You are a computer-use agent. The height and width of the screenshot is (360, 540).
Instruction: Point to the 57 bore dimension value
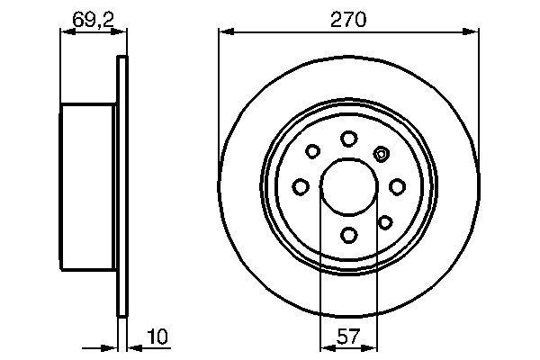pos(348,337)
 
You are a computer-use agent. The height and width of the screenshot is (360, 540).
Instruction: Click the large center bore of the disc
pos(348,186)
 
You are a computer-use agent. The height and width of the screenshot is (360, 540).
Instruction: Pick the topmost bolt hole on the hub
pos(348,138)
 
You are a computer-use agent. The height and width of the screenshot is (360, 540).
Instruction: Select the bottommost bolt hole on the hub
pos(348,235)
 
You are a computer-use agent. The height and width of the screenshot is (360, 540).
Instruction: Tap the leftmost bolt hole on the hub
pos(301,186)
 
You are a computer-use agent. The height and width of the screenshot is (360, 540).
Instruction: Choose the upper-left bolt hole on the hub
pos(313,152)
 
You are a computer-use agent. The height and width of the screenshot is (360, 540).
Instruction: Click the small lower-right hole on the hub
pos(384,221)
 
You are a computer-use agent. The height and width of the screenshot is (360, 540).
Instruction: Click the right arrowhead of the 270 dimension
pos(472,32)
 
